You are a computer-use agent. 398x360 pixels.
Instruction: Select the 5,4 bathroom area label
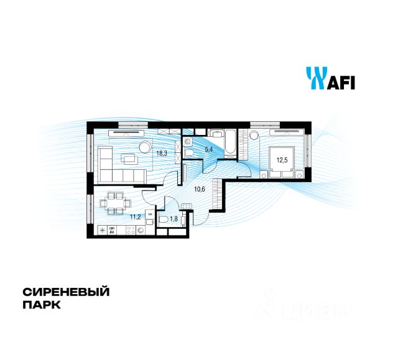point(209,150)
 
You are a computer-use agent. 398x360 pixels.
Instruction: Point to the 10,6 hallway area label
point(200,188)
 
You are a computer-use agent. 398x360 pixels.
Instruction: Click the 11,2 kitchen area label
point(134,216)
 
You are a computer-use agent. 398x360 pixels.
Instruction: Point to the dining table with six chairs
point(116,200)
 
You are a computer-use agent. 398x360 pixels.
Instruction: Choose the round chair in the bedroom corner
point(254,136)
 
